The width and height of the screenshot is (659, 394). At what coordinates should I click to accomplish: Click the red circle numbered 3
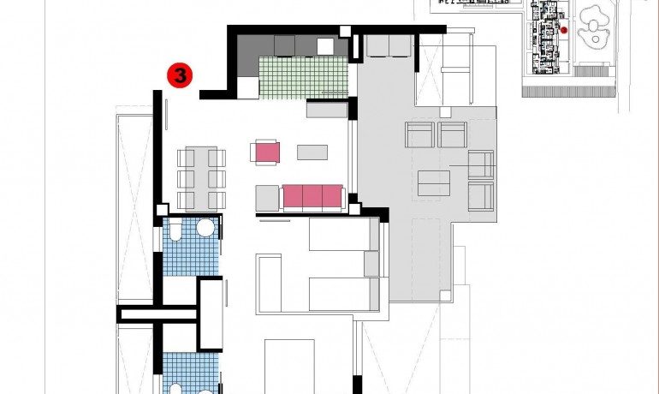[x=181, y=75]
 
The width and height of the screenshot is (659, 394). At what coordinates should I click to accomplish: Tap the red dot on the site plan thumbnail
[x=564, y=30]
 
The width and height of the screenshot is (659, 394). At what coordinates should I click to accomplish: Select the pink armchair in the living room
[x=265, y=152]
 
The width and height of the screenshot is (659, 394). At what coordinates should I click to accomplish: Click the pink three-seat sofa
[x=312, y=197]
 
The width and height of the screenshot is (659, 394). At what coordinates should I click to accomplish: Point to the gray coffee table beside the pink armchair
[x=312, y=152]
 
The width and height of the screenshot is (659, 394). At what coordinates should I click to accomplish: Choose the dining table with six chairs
[x=201, y=178]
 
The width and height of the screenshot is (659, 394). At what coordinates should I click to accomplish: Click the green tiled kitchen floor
[x=304, y=76]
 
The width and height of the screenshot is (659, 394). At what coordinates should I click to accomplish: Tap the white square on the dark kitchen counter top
[x=324, y=46]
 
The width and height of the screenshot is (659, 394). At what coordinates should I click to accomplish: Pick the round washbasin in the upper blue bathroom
[x=205, y=228]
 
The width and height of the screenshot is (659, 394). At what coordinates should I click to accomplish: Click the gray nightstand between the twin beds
[x=371, y=264]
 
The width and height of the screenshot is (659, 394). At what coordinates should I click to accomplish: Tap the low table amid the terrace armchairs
[x=434, y=182]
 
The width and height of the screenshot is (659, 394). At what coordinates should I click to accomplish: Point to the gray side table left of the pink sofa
[x=267, y=198]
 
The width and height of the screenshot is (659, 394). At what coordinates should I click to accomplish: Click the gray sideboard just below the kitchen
[x=327, y=110]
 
